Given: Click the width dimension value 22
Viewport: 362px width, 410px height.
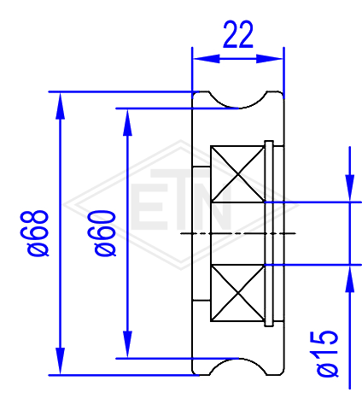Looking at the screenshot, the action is [238, 34].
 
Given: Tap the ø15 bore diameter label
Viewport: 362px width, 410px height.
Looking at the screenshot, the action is [327, 354].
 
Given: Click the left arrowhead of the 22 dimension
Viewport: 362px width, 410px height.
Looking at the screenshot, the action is [207, 59].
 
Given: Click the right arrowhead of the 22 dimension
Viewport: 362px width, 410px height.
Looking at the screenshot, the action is [269, 59].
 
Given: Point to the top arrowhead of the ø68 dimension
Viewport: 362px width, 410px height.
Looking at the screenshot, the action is [60, 106].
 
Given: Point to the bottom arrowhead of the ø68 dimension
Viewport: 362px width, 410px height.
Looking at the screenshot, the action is [60, 361].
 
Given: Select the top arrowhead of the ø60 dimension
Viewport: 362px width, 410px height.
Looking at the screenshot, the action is [127, 122].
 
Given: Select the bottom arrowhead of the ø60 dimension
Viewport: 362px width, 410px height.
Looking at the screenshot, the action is [127, 344].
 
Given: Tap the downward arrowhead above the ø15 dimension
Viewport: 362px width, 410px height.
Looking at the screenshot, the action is [350, 188].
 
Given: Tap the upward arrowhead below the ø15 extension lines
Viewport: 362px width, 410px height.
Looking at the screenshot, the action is [350, 279].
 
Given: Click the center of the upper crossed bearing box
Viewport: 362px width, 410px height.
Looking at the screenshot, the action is [237, 174].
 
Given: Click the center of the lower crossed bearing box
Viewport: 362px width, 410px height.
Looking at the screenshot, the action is [237, 293].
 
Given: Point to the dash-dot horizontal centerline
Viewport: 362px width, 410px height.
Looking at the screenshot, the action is [238, 233].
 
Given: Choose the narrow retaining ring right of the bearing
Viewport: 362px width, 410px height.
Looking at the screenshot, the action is [269, 233].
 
